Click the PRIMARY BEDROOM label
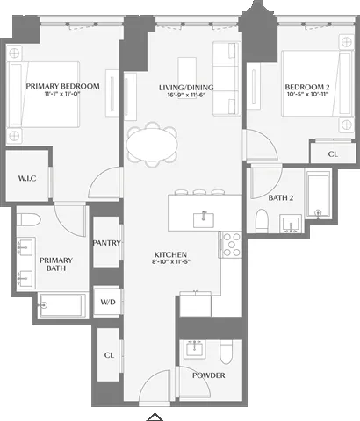tap(62, 86)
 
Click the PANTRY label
tap(107, 243)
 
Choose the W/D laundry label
tap(108, 302)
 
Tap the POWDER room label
tap(209, 375)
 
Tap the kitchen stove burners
tap(231, 245)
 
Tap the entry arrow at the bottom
tap(155, 416)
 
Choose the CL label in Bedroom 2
tap(333, 154)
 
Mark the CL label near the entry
tap(109, 356)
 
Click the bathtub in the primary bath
tap(62, 307)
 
